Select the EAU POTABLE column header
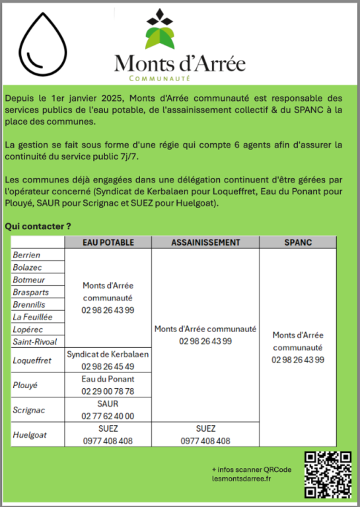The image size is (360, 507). coord(108,242)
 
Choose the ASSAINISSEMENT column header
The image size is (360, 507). coord(205,242)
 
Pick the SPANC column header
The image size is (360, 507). coord(297,242)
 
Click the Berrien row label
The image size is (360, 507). coord(26,255)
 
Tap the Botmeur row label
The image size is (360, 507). coord(28,280)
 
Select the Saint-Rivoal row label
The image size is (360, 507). coord(35,341)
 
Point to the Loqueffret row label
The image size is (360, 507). coord(32,360)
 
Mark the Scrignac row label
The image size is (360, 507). coord(28,410)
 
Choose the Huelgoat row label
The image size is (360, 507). coord(29,434)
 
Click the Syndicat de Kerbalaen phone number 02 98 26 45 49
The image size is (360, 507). coord(108,366)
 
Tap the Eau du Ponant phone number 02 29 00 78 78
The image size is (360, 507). coord(108,391)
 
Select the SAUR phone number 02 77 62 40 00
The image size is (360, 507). coord(108,416)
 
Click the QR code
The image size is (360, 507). coord(327,475)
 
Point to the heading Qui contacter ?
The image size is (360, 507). coord(38,226)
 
